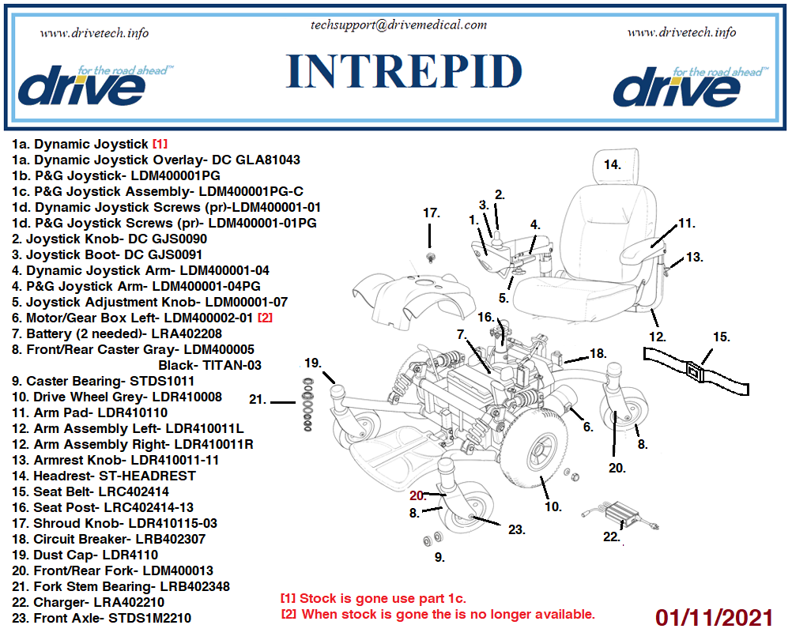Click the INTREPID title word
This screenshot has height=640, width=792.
click(x=404, y=72)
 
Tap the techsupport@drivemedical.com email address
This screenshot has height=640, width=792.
click(x=399, y=24)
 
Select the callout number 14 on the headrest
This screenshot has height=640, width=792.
click(x=613, y=165)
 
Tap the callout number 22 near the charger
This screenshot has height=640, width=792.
click(x=611, y=536)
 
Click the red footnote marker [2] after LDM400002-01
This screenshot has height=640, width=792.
click(x=265, y=318)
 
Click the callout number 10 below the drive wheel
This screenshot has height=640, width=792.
click(x=553, y=506)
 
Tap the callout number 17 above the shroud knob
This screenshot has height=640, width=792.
click(x=431, y=213)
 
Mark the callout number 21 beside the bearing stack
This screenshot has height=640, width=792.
click(x=258, y=399)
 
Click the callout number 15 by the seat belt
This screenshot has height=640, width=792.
click(x=721, y=337)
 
